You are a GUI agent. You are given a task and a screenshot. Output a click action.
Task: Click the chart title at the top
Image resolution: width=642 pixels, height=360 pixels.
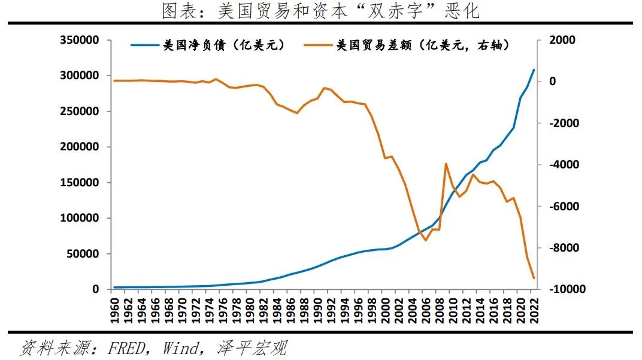[x=320, y=10]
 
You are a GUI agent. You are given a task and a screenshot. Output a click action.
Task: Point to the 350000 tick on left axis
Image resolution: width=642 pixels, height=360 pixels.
[x=80, y=41]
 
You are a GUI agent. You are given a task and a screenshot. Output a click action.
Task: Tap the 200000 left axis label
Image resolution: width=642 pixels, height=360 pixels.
[x=80, y=147]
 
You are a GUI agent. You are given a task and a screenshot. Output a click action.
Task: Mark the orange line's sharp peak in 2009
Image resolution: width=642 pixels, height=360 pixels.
[x=446, y=164]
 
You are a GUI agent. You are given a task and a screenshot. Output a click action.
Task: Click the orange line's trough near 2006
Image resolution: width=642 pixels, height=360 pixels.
[x=426, y=240]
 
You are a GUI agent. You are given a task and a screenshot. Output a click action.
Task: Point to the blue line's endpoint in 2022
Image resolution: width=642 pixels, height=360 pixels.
[x=534, y=70]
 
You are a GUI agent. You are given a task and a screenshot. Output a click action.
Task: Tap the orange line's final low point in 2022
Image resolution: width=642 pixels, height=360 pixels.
[x=534, y=278]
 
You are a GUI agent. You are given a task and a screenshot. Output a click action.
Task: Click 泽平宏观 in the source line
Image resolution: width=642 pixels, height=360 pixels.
[x=252, y=347]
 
